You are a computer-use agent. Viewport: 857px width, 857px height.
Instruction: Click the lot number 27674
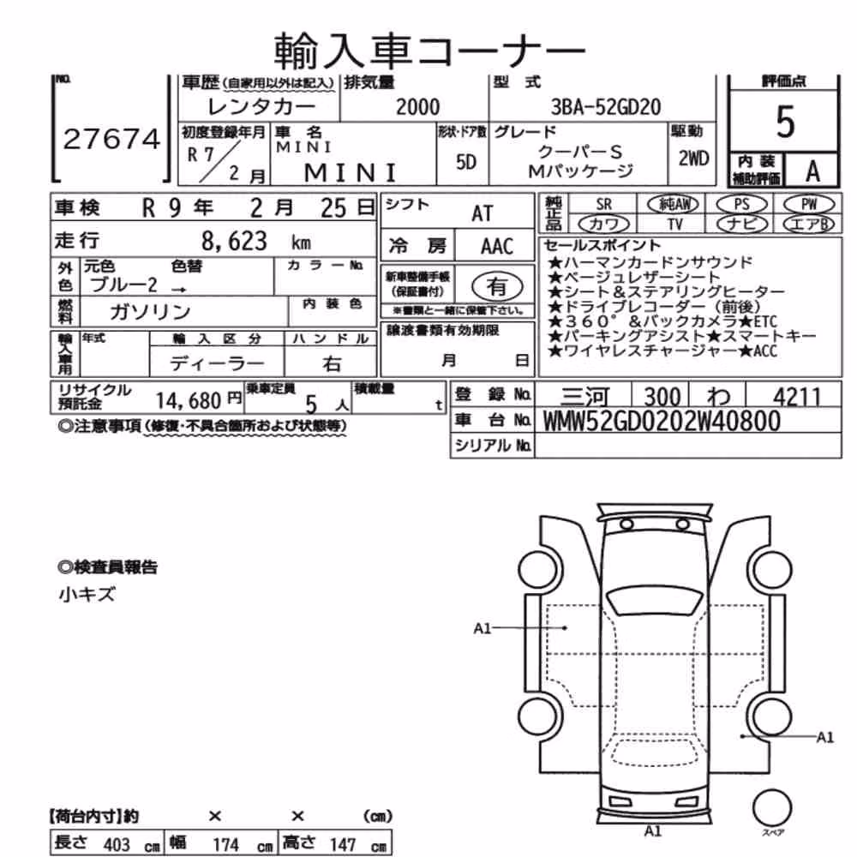point(111,139)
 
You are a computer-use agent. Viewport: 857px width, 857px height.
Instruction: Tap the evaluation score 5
point(785,122)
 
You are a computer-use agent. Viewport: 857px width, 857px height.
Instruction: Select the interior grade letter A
point(812,171)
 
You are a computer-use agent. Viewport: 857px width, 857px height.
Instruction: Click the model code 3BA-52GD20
point(606,106)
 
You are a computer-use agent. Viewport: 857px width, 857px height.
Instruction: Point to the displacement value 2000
point(417,106)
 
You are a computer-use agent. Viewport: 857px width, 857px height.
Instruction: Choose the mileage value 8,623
point(234,241)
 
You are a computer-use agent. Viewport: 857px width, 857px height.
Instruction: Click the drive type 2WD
point(693,159)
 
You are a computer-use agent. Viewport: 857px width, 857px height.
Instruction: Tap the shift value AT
point(482,213)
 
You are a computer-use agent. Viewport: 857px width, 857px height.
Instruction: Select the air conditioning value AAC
point(497,247)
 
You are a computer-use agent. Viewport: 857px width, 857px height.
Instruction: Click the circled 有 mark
point(497,286)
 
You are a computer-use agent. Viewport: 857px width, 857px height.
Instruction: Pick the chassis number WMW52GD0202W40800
point(662,421)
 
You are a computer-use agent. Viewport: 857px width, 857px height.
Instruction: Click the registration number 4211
point(797,396)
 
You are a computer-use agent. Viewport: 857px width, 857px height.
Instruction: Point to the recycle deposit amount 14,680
point(188,400)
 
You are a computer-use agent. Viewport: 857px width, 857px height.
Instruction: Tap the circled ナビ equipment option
point(741,224)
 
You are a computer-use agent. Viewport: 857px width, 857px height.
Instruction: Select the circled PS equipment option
point(741,205)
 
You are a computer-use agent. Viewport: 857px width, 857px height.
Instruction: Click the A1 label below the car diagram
point(653,831)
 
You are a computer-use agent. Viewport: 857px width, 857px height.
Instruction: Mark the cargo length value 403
point(117,844)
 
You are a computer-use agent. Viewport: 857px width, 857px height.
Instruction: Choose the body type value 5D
point(465,162)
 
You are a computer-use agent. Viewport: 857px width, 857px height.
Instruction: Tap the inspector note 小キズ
point(87,594)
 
